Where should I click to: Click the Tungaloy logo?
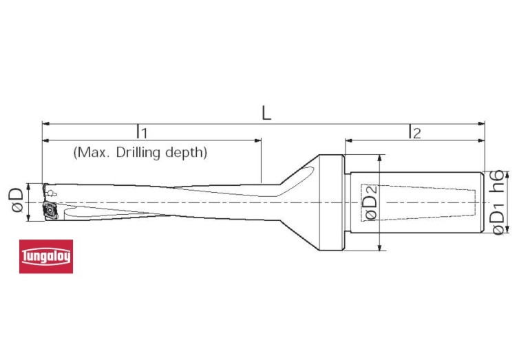click(45, 257)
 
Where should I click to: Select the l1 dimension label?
click(141, 131)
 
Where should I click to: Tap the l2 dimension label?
click(414, 131)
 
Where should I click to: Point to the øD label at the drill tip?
click(15, 202)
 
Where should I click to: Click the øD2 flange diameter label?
click(370, 203)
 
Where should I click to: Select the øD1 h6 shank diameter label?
click(498, 202)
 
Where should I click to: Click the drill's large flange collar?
click(332, 203)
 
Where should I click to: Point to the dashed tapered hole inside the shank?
click(420, 203)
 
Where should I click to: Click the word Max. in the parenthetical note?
click(88, 152)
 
